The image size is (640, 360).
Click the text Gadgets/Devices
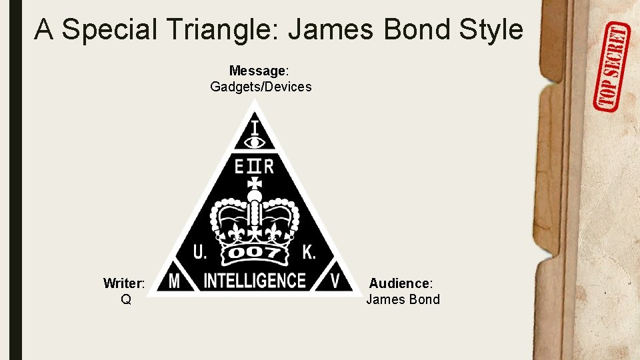click(x=261, y=87)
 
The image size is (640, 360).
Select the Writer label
click(x=125, y=283)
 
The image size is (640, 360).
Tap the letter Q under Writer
click(x=125, y=299)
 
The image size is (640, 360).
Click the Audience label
click(x=401, y=283)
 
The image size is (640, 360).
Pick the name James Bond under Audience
click(x=403, y=299)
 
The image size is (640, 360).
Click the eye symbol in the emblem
click(x=255, y=141)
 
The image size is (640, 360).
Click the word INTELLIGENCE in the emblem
click(x=254, y=281)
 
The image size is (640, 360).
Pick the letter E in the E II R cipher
click(x=239, y=165)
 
